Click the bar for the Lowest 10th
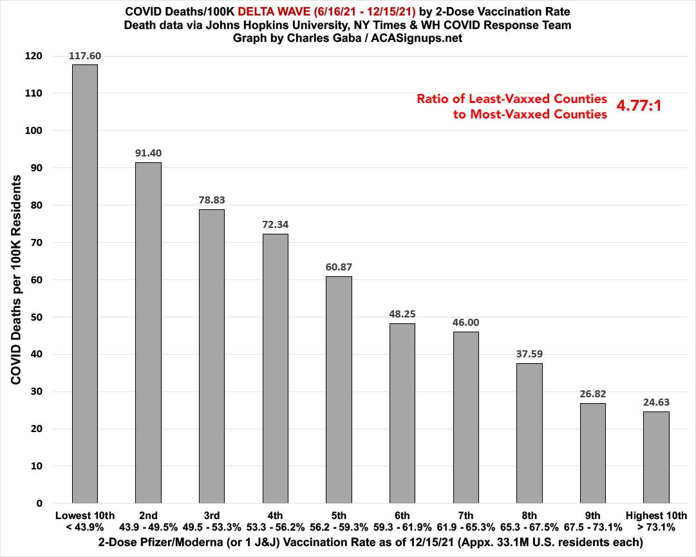[84, 283]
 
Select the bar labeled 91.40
[148, 332]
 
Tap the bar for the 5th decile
[339, 390]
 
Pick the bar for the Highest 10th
[656, 457]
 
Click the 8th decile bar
[529, 433]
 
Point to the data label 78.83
[212, 200]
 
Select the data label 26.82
[592, 393]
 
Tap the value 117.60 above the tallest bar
[85, 55]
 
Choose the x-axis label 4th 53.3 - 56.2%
[276, 521]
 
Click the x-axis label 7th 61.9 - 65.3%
[466, 521]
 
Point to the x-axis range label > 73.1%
[656, 527]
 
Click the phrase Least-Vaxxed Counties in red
[512, 99]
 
